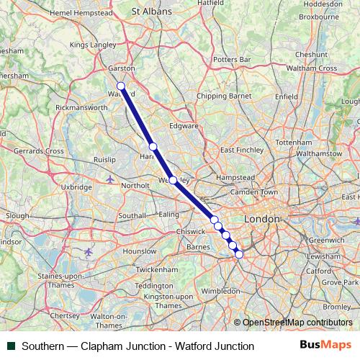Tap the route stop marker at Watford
(121, 86)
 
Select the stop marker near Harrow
(153, 146)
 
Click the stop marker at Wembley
(173, 180)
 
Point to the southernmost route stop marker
(239, 254)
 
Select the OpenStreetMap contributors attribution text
(297, 323)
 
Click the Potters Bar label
(231, 59)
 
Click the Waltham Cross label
(312, 68)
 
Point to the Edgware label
(184, 125)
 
